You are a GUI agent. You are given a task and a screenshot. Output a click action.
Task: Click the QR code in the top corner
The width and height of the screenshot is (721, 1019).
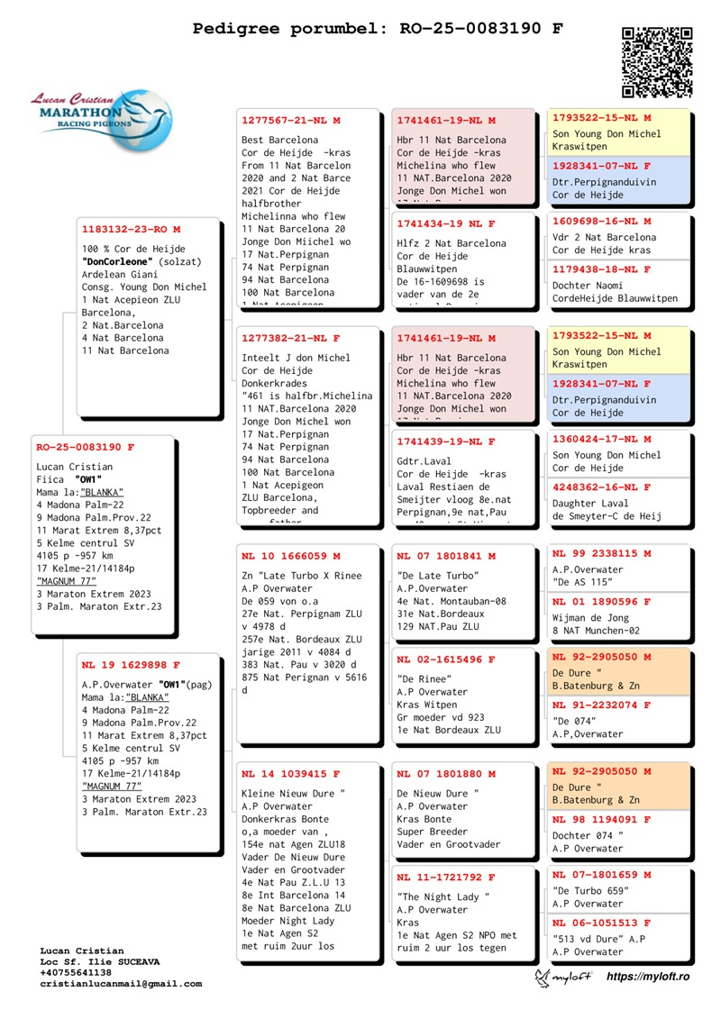click(657, 61)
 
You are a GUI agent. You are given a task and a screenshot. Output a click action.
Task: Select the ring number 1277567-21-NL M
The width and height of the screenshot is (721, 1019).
click(291, 120)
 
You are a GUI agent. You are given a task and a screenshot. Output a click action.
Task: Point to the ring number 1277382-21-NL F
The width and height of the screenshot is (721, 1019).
click(291, 338)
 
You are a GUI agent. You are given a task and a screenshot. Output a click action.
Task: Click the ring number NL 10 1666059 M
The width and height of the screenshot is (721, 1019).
click(291, 556)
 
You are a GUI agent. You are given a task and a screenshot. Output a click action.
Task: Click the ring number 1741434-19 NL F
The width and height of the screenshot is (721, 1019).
click(446, 223)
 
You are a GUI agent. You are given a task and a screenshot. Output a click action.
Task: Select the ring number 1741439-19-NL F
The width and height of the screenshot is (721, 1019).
click(446, 441)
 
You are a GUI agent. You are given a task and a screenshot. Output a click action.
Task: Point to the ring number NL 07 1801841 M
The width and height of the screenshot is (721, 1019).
click(446, 556)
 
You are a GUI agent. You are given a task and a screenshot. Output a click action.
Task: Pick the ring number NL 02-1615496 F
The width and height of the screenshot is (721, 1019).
click(446, 660)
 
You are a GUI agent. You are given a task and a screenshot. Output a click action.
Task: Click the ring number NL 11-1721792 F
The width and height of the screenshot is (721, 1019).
click(446, 877)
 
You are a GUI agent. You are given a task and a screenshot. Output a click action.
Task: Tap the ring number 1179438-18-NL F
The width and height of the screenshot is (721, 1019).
click(601, 269)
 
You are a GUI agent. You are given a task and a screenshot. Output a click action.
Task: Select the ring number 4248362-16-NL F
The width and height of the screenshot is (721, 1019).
click(601, 487)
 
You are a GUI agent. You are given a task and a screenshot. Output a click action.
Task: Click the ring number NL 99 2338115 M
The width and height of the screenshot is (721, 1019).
click(601, 553)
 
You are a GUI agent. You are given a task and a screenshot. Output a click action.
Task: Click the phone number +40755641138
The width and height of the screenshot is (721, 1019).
click(76, 973)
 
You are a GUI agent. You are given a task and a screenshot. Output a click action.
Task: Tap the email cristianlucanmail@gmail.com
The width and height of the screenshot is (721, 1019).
click(121, 984)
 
